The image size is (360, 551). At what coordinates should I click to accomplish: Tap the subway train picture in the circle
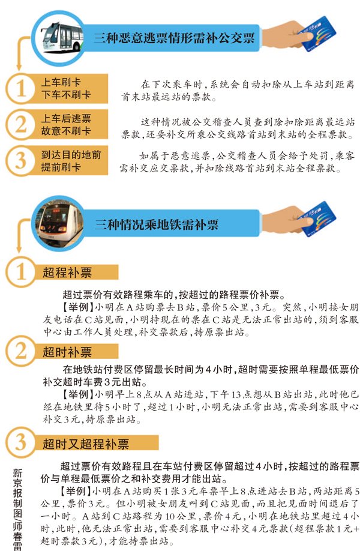coord(61,221)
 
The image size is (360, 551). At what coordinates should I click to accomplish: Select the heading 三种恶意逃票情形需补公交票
coord(174,38)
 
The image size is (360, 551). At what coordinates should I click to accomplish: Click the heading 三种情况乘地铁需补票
coord(157,224)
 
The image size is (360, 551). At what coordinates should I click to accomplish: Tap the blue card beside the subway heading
coord(317,218)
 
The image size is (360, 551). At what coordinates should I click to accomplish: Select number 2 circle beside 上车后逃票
coord(20,124)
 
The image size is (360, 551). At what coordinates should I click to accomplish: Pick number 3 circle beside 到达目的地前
coord(20,161)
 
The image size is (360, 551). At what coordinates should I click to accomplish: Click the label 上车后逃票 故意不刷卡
coord(66,124)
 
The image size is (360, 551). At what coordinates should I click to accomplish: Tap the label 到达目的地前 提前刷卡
coord(71,161)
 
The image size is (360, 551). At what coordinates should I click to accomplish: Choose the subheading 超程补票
coord(67,272)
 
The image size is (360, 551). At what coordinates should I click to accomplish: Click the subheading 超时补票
coord(67,352)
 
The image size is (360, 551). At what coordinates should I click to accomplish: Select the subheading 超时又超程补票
coord(86,444)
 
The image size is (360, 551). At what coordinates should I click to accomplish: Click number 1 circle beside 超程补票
coord(20,272)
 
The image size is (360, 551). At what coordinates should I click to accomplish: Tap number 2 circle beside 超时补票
coord(20,351)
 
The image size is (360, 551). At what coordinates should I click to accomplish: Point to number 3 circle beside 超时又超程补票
coord(20,442)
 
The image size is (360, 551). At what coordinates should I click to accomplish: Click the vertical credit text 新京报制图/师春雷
coord(17,510)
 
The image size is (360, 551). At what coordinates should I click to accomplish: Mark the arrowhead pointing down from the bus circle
coord(19,67)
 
